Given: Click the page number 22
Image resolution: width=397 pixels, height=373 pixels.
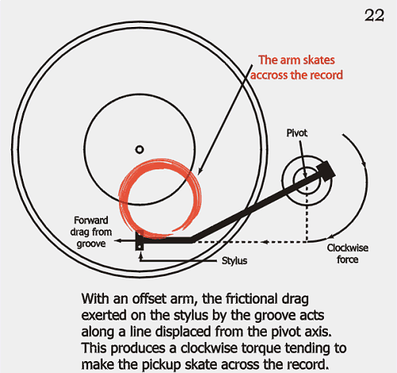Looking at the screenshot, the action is point(374,15).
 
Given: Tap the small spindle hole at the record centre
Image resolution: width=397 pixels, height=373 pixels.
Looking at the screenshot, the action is point(140,150).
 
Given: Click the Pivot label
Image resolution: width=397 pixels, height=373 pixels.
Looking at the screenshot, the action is point(297,133).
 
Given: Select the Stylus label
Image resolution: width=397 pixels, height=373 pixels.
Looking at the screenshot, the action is point(234,261).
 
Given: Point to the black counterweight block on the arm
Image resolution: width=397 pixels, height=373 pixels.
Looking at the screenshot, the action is point(326,172).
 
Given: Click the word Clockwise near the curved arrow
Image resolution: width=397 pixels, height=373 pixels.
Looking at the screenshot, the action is point(348,248).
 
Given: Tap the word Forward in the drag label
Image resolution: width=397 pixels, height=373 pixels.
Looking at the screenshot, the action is point(91,220).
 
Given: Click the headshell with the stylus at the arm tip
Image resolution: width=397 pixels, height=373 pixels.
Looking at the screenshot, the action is point(140,241).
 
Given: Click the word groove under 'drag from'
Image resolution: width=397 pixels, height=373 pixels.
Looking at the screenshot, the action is point(91,244).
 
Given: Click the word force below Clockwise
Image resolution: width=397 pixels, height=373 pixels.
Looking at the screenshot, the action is point(348,259).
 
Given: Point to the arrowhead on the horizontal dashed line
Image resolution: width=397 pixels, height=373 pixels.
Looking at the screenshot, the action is point(264,242).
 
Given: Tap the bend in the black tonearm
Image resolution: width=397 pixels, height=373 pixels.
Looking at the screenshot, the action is point(191,239).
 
